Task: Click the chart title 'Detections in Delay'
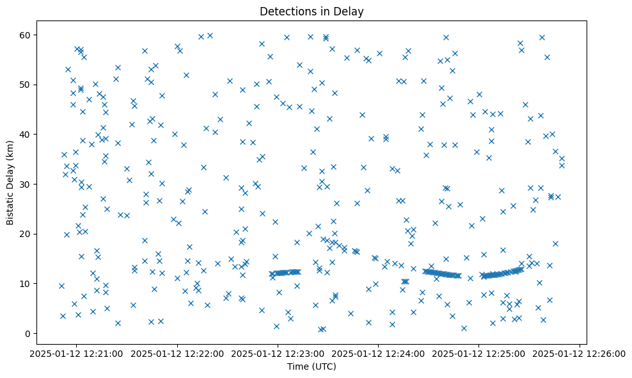click(312, 11)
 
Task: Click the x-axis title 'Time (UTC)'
click(312, 366)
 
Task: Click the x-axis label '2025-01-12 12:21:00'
click(77, 353)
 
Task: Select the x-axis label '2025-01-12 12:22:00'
click(177, 353)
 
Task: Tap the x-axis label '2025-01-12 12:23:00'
click(278, 353)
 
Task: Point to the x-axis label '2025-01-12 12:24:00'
click(378, 353)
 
